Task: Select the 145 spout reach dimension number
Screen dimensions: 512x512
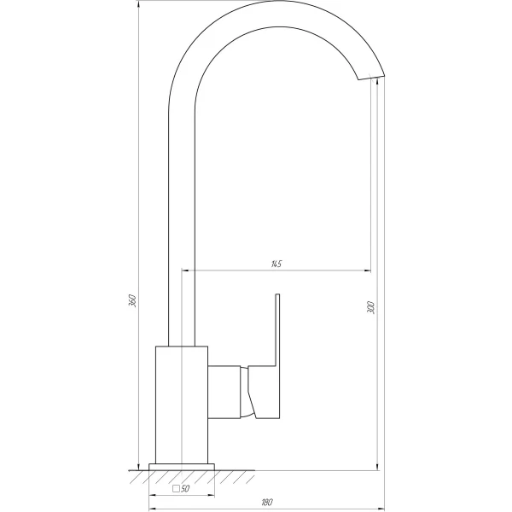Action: coord(276,264)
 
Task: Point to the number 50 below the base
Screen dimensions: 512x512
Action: coord(185,490)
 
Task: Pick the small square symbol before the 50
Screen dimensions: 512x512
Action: coord(176,490)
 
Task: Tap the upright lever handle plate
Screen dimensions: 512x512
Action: coord(276,329)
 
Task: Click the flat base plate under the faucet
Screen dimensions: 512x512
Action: coord(181,466)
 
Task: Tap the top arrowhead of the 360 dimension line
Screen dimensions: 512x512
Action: coord(139,5)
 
